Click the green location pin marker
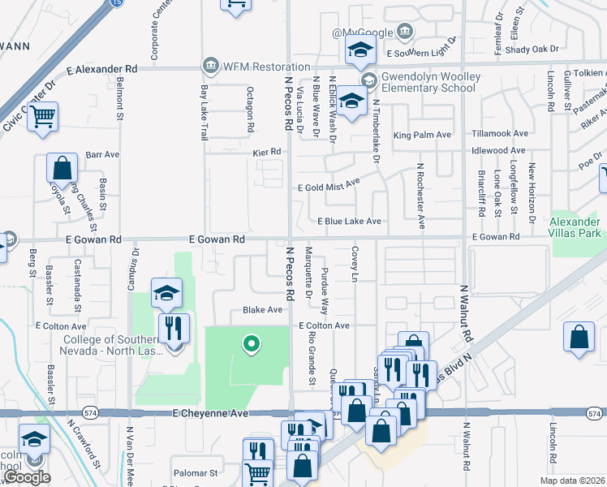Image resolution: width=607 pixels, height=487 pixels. click(252, 345)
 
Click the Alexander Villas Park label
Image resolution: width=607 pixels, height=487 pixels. click(575, 226)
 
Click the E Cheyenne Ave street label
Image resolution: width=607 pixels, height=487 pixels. click(209, 413)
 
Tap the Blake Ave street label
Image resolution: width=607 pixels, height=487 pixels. click(263, 310)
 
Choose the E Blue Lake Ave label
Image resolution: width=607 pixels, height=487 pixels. click(349, 221)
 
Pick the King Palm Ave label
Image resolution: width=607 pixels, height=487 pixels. click(422, 135)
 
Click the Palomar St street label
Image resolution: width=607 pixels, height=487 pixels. click(196, 472)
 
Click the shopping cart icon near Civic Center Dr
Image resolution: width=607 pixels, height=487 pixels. click(42, 116)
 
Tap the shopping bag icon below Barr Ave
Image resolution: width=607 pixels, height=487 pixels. click(62, 168)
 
